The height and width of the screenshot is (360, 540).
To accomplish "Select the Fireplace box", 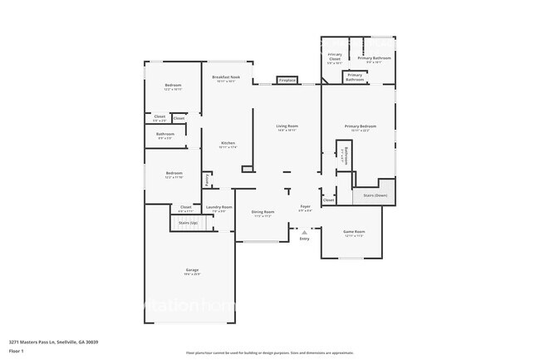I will (287, 81).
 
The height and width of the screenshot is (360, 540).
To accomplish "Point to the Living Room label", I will (287, 127).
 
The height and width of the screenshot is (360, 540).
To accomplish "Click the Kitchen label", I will (228, 144).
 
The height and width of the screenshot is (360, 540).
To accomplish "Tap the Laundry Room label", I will (219, 208).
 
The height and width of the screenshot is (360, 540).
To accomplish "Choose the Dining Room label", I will (263, 213).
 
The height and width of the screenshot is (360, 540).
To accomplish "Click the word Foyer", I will (305, 206).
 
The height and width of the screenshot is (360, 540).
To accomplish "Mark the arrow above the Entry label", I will (304, 232).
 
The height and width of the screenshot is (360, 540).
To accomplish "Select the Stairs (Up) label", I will (189, 223).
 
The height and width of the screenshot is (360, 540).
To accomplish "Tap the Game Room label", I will (355, 233).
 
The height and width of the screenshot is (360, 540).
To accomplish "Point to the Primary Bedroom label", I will (361, 127).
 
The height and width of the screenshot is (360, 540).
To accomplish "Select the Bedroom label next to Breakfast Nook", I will (173, 86).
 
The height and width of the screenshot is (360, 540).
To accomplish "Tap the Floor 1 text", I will (17, 350).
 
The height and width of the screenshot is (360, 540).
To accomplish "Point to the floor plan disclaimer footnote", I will (269, 353).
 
